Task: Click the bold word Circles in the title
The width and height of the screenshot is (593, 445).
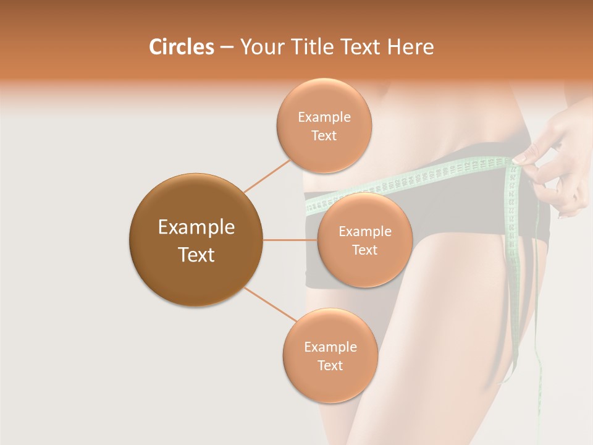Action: [182, 47]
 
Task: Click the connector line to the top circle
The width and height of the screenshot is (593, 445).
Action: [267, 175]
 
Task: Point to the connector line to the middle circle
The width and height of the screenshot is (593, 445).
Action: [290, 240]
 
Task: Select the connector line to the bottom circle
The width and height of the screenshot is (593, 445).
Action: [270, 304]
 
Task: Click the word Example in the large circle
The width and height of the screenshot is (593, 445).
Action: [196, 227]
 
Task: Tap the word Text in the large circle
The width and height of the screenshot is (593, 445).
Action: [196, 255]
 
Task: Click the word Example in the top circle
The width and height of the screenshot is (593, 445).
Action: [324, 117]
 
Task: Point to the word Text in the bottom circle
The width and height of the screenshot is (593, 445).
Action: [330, 365]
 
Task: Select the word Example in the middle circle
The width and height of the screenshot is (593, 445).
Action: [365, 232]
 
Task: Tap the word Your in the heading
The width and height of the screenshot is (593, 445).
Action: [259, 47]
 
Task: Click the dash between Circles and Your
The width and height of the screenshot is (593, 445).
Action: [227, 48]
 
